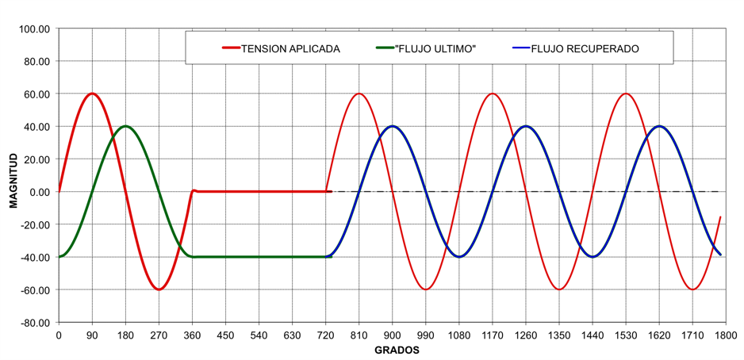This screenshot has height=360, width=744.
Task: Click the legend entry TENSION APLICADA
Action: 290,49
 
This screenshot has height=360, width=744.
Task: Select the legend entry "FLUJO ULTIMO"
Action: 435,49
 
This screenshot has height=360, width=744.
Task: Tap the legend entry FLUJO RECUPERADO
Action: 585,49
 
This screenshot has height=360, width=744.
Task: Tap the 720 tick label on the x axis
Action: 325,335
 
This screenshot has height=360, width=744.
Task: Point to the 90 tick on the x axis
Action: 92,335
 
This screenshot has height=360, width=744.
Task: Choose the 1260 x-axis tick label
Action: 525,335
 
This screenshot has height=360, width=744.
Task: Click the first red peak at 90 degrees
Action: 92,94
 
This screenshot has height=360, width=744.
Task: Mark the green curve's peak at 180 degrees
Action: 125,126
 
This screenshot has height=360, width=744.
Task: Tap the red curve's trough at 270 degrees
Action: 159,289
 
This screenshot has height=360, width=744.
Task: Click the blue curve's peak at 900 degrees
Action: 392,126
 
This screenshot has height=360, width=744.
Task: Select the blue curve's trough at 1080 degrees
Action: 458,257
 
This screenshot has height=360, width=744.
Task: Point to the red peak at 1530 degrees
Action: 626,94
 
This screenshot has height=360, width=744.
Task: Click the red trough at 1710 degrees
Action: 692,289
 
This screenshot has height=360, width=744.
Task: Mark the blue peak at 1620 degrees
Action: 659,126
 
